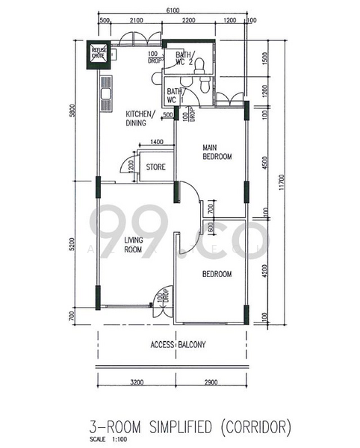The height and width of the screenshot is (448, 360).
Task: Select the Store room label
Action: (155, 167)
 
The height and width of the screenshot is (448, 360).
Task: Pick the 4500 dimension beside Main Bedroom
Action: (267, 161)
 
